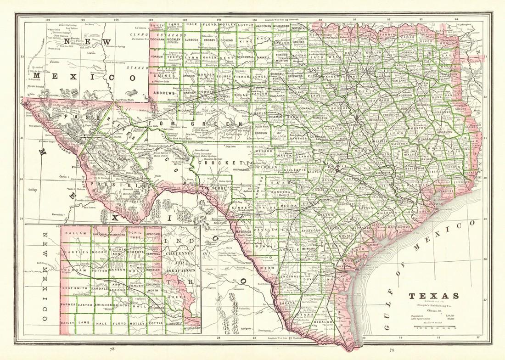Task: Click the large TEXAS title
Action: point(434,296)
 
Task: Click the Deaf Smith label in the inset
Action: point(75,288)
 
